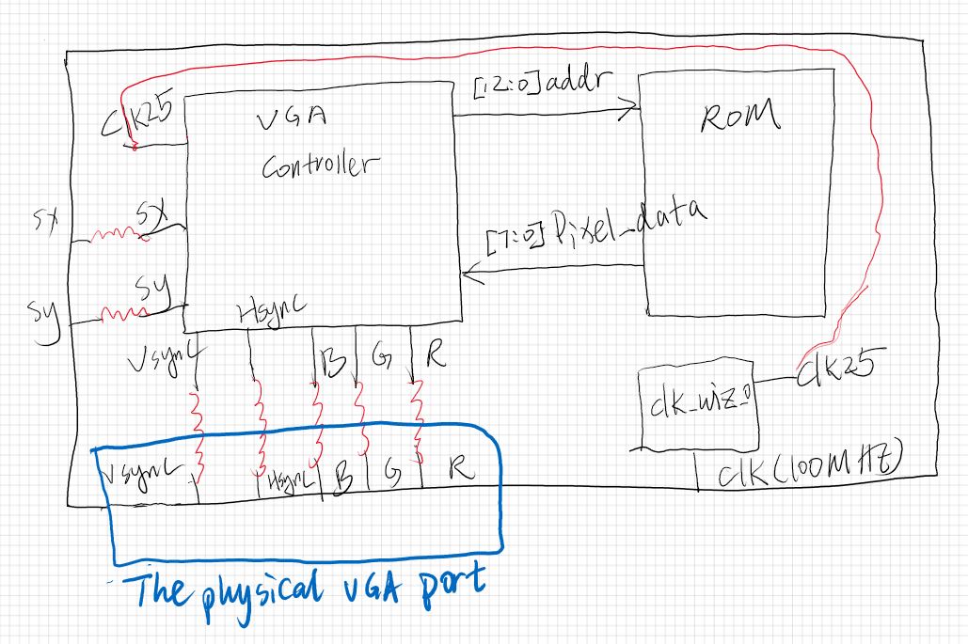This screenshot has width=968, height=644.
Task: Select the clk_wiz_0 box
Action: pos(696,408)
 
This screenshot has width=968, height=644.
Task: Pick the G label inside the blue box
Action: pos(390,473)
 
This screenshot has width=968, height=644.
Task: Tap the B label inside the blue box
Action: pos(343,477)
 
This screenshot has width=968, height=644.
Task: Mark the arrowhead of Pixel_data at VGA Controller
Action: pos(468,275)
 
